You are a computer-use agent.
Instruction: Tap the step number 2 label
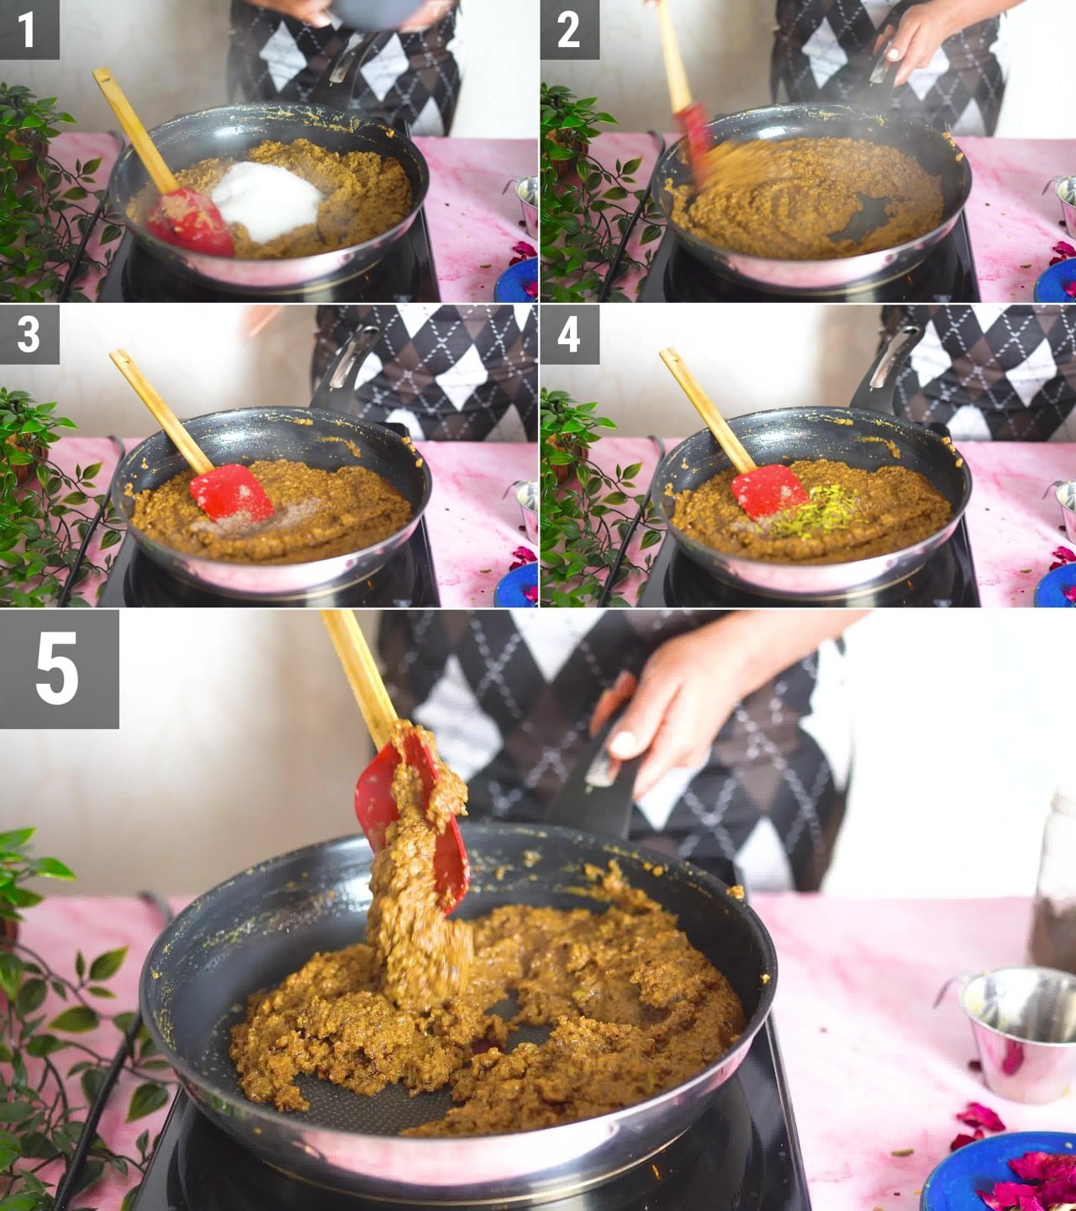569,29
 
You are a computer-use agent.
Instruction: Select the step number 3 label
29,334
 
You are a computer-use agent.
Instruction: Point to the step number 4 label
569,334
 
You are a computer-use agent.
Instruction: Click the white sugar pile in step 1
267,200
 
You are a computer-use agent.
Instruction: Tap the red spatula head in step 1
190,222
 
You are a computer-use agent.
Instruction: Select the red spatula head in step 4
769,490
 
